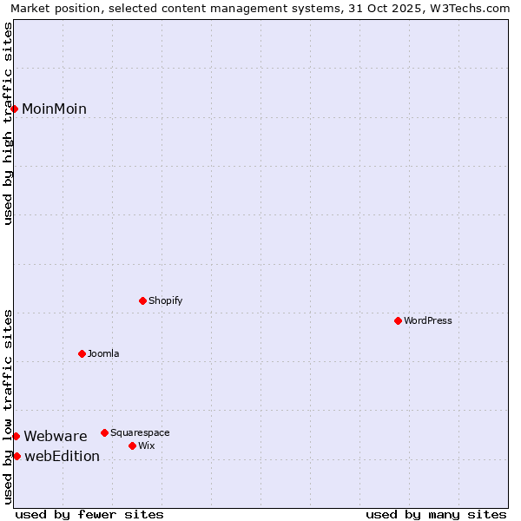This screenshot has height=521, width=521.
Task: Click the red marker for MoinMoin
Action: [15, 109]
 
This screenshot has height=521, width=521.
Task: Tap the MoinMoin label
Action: [54, 109]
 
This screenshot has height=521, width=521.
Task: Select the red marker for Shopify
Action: [142, 300]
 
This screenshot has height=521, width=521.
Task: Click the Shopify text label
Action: [165, 300]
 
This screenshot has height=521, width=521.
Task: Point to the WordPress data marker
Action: [398, 320]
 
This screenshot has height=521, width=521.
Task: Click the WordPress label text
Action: [427, 320]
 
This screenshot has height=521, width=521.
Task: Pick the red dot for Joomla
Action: [82, 353]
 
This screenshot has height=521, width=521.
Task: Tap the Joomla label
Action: [103, 353]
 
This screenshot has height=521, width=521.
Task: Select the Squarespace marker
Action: [104, 432]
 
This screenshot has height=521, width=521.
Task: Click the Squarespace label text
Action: [140, 432]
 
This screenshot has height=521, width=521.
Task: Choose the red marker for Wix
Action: [132, 445]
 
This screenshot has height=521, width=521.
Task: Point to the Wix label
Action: [147, 445]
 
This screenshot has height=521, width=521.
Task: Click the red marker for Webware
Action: [16, 436]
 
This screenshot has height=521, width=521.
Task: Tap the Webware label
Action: [56, 436]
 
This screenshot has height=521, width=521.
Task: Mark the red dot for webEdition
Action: [16, 456]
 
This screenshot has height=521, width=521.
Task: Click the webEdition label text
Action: [62, 456]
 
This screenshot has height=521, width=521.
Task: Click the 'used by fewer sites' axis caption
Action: [89, 514]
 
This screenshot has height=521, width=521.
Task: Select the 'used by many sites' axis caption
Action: [436, 514]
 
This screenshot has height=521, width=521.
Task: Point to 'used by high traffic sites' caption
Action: [8, 123]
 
